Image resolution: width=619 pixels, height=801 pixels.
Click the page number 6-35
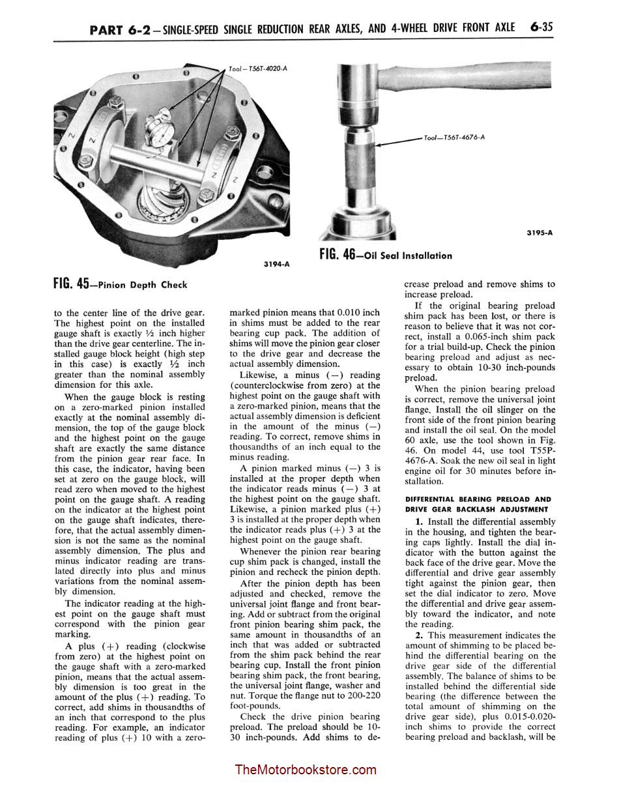tap(541, 27)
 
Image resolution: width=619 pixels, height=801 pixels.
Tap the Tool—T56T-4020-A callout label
tap(258, 68)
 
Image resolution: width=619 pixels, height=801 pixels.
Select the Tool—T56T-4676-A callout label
tap(454, 138)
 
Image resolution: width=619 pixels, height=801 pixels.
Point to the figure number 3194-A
tap(276, 264)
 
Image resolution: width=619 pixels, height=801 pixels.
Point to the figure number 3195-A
tap(540, 232)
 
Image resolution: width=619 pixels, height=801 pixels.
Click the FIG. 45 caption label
tap(72, 284)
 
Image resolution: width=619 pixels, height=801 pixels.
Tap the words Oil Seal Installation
tap(409, 255)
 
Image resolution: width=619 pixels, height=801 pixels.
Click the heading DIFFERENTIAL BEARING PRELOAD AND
tap(478, 499)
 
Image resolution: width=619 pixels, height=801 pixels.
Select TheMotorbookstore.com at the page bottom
tap(306, 770)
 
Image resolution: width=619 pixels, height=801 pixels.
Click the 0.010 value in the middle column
tap(348, 312)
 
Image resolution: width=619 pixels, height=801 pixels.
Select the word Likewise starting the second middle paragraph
tap(259, 375)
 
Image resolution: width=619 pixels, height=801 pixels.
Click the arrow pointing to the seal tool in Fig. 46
tap(399, 141)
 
